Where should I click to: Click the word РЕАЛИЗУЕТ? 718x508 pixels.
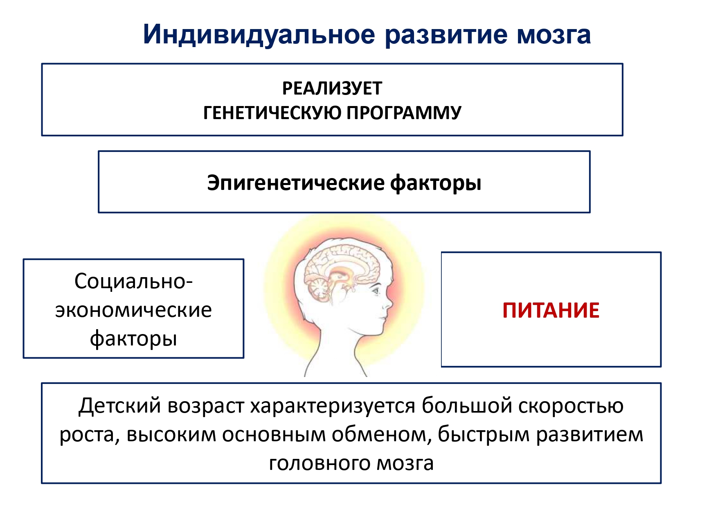point(332,88)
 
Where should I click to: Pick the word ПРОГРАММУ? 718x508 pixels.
point(404,113)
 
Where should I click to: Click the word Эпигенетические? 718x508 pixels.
point(296,183)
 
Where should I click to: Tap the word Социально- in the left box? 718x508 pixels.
point(133,281)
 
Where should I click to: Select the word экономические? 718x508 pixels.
point(133,310)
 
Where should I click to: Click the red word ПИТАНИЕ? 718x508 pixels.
point(551,310)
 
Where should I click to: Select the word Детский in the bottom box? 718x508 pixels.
point(120,406)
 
